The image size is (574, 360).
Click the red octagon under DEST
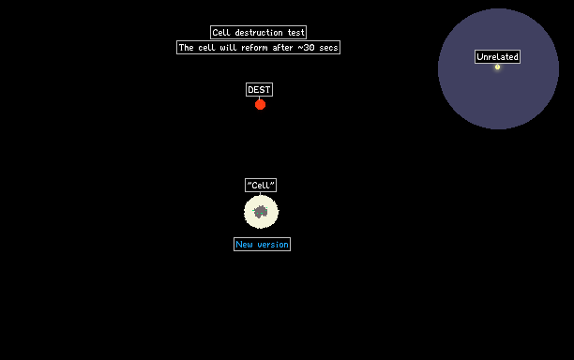(x=261, y=105)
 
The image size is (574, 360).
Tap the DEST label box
(x=259, y=90)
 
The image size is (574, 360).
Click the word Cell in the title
(x=221, y=33)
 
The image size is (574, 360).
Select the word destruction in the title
(x=259, y=33)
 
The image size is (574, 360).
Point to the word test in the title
(x=296, y=33)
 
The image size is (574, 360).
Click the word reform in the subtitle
(x=254, y=48)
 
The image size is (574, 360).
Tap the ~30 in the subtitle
(x=306, y=48)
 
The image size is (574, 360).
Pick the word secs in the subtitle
(x=328, y=48)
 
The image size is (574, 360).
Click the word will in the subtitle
(x=228, y=48)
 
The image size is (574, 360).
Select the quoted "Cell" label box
(x=261, y=185)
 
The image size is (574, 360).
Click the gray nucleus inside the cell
(x=261, y=212)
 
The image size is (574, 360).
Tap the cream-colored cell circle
(x=261, y=212)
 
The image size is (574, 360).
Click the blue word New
(x=244, y=245)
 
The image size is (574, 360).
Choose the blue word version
(x=273, y=245)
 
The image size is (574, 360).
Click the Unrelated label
(x=497, y=56)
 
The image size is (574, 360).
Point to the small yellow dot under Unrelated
(x=497, y=67)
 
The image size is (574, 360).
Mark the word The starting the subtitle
(x=187, y=48)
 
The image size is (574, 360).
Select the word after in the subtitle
(x=282, y=48)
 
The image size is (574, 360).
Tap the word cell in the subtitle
(x=207, y=48)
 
